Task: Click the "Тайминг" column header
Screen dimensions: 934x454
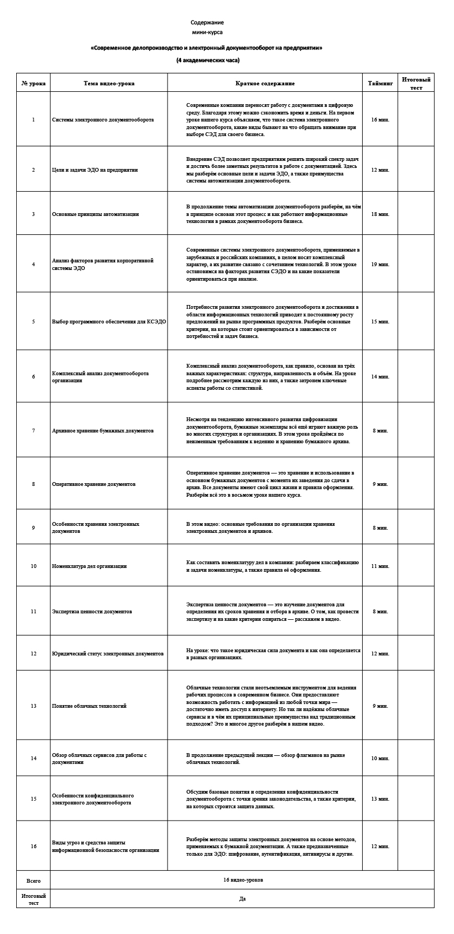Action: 380,84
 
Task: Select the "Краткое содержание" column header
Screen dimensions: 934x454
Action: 265,84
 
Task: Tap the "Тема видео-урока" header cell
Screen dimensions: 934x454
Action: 109,84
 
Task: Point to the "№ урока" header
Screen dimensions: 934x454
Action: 34,84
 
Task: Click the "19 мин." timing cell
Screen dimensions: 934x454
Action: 380,265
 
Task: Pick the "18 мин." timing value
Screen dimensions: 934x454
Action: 380,214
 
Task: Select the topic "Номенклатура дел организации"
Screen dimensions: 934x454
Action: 89,566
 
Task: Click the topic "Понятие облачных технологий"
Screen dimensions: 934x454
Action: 89,706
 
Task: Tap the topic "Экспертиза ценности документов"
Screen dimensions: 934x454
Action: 92,612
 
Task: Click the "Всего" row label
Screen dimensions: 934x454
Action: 34,881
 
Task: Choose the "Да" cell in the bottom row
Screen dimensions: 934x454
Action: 243,899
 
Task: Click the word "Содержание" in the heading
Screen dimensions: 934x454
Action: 207,23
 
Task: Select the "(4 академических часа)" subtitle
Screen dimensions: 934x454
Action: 208,60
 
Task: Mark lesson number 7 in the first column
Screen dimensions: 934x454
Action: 34,431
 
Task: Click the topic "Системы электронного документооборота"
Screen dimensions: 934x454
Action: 103,120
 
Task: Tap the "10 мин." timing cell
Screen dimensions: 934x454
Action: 380,759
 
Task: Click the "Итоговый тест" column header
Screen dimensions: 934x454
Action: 416,83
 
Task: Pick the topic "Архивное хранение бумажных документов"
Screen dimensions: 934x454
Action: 103,431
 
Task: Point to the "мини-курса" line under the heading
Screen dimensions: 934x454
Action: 207,33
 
